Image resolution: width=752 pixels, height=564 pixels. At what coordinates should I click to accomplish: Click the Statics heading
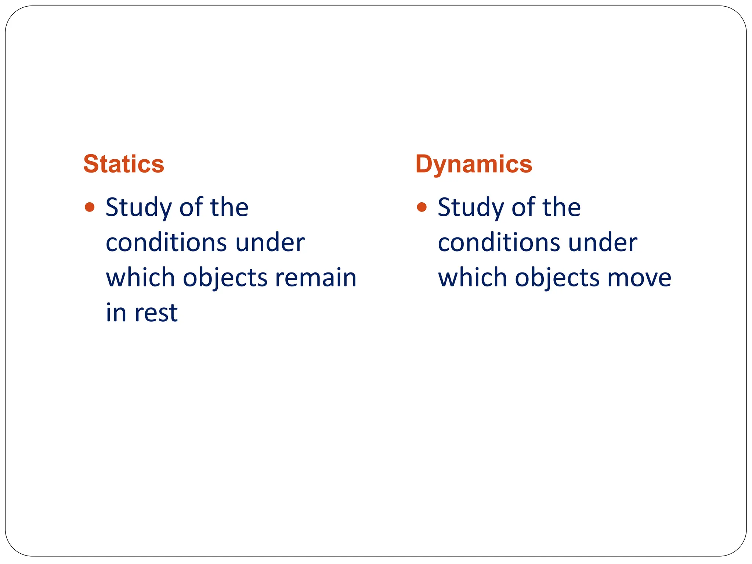[x=124, y=164]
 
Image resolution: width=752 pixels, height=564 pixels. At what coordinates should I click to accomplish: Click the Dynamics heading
[x=474, y=164]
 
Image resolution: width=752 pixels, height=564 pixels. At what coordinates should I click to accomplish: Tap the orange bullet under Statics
[x=90, y=207]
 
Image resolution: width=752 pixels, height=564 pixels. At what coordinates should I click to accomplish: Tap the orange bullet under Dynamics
[x=422, y=207]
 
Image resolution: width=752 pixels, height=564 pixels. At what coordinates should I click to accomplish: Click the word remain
[x=316, y=278]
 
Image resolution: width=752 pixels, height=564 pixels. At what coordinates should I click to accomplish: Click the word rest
[x=156, y=313]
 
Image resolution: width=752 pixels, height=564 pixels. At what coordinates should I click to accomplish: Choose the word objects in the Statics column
[x=225, y=278]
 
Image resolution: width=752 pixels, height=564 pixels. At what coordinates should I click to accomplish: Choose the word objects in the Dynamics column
[x=557, y=278]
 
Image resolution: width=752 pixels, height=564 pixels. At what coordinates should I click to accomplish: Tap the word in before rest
[x=116, y=312]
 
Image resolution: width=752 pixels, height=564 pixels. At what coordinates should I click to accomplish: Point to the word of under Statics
[x=191, y=207]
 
